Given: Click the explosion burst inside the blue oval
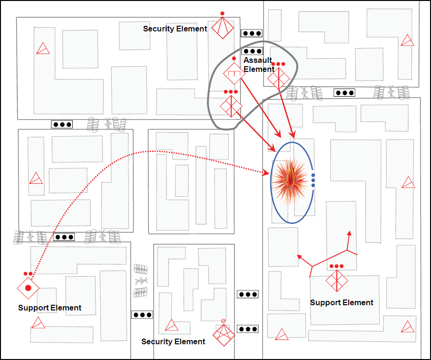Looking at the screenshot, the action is coord(290,181).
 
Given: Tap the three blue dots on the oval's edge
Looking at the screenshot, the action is coord(313,180).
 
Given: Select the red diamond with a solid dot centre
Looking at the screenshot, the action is coord(28,288).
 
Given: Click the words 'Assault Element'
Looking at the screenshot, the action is coord(259,65).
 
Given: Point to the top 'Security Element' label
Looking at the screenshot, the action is coord(175,29).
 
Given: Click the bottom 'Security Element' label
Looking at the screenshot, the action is coord(173,341).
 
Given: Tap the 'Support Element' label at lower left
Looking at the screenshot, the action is coord(50,308).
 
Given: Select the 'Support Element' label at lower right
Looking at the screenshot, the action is coord(342,302).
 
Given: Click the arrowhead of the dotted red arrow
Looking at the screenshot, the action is coord(266,173).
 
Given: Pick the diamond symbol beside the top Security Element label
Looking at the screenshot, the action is coord(222,28).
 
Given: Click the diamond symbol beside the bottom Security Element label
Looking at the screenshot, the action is coord(224,335).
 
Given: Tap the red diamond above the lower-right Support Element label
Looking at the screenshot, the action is coord(337,281).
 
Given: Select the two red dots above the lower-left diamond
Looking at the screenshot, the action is coord(28,274).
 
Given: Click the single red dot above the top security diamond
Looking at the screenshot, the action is coord(222,13).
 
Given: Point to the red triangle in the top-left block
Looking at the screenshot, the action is coord(43,49).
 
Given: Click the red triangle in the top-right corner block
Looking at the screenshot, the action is coord(407,40).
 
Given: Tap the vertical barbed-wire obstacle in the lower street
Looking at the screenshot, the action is coord(141,281).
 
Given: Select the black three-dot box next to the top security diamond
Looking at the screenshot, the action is coord(252,33).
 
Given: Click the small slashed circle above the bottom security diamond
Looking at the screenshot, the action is coord(224,321).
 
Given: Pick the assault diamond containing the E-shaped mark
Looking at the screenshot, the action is coord(234,73).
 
